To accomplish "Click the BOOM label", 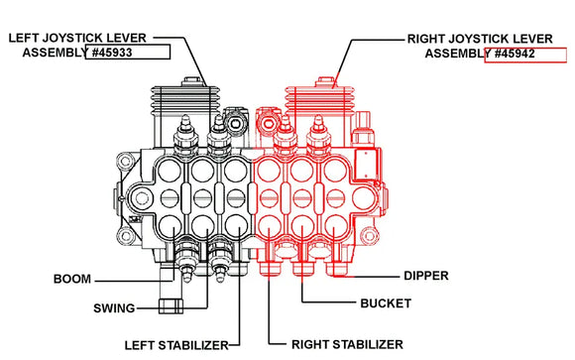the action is [72, 279].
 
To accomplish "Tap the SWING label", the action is [114, 308].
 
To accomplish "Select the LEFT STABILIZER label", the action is [176, 345].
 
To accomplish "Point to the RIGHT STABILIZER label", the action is [347, 344].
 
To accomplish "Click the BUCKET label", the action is [386, 303].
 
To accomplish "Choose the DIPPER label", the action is [426, 276].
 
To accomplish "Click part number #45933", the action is [112, 53].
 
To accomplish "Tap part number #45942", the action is [515, 54].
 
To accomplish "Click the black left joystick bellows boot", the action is [185, 100].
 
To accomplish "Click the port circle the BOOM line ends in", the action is [171, 226].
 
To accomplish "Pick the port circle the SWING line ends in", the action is [203, 226].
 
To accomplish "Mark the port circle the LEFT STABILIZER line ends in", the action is [236, 226].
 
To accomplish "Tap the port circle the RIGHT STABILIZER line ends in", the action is [270, 226].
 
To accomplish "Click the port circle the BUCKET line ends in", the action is [302, 226].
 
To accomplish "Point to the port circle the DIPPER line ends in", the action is [335, 226].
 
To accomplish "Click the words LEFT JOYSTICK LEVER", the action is [77, 38].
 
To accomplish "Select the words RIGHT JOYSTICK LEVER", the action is [480, 39].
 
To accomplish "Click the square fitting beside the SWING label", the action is [171, 306].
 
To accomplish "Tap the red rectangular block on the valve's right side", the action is [366, 165].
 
